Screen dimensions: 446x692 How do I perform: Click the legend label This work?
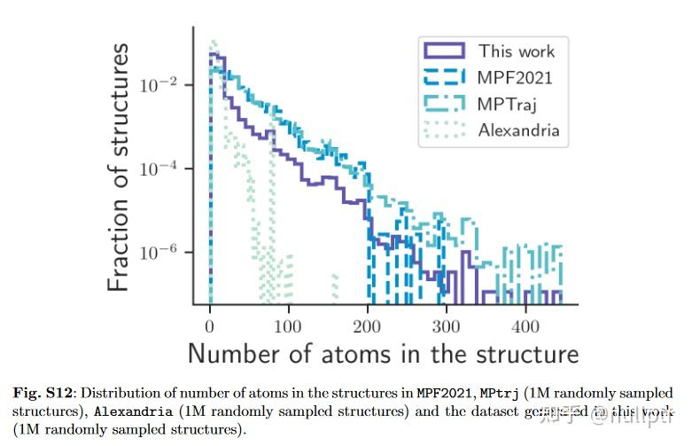[x=517, y=51]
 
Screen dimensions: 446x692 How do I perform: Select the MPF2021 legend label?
[x=515, y=77]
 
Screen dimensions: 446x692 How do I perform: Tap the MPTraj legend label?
[x=508, y=104]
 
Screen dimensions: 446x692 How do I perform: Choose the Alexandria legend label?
[x=519, y=130]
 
